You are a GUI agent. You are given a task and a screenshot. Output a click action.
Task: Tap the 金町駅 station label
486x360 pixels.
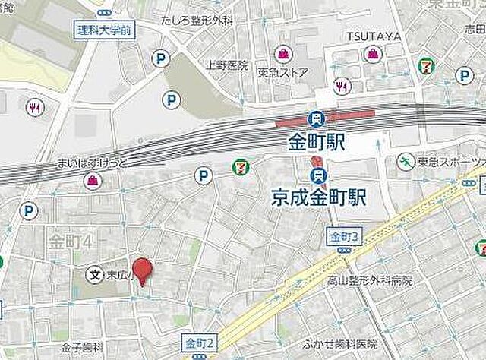317,142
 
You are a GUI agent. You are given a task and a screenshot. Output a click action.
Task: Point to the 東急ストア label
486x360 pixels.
282,73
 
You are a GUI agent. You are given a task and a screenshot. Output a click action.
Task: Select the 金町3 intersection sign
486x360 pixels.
344,238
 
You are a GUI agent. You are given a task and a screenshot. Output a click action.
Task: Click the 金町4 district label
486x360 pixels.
70,242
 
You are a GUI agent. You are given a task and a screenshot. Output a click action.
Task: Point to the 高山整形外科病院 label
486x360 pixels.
368,281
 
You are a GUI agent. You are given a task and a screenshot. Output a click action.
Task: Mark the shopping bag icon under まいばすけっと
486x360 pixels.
92,180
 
